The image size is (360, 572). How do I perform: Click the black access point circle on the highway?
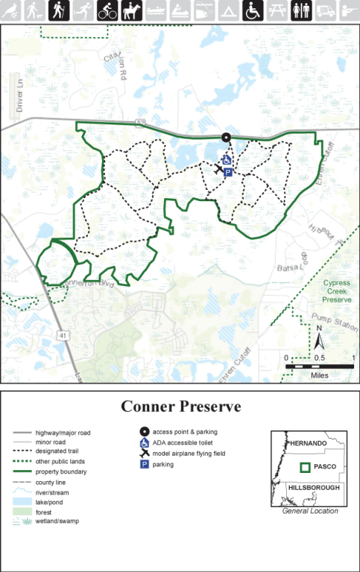226,137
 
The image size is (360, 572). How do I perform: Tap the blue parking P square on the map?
228,172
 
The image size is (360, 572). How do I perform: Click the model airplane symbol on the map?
217,169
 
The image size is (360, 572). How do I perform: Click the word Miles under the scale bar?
320,375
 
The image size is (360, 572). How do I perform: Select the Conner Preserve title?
180,407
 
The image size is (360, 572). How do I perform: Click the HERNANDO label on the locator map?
309,443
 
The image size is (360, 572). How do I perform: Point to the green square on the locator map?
305,468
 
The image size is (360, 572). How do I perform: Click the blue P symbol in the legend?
143,464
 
